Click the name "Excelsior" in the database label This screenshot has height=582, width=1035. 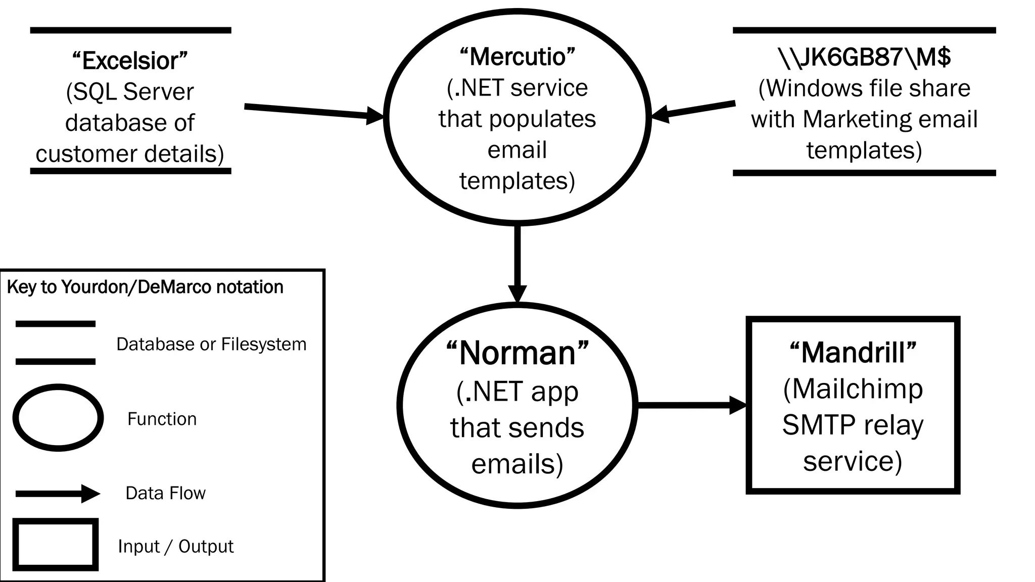pos(130,61)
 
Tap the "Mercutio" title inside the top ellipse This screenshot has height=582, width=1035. pos(517,57)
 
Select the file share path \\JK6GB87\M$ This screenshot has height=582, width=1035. pos(864,57)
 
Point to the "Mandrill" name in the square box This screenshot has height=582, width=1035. pos(853,352)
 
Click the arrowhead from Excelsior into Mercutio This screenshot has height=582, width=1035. pos(375,116)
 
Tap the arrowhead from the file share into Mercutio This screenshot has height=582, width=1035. pos(660,115)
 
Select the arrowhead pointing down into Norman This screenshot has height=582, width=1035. pos(517,294)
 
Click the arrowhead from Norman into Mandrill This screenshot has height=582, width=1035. pos(738,405)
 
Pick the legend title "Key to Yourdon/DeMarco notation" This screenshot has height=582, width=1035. pos(145,287)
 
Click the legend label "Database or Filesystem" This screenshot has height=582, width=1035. pos(211,344)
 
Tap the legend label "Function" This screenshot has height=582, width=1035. pos(162,419)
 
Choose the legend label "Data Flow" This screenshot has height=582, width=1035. pos(165,493)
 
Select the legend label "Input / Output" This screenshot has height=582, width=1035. pos(175,546)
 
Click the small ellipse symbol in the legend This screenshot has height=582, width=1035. pos(58,418)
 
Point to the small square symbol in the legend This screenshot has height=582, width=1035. pos(56,545)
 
